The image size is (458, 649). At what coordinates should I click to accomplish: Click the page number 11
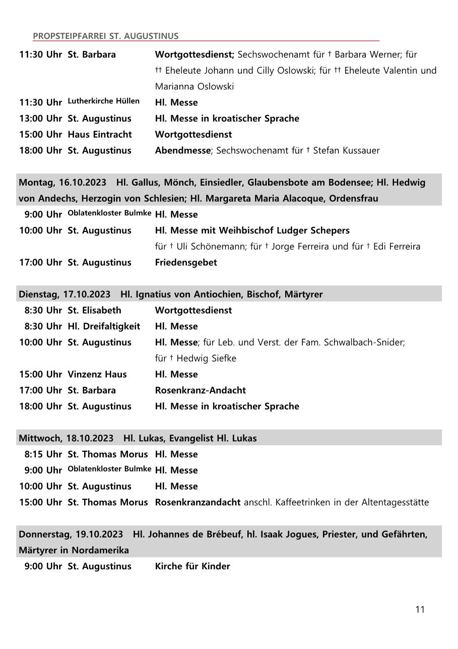pyautogui.click(x=420, y=609)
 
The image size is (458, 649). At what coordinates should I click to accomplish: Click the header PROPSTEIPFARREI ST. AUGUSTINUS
pyautogui.click(x=105, y=36)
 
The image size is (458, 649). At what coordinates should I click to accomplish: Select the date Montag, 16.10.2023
pyautogui.click(x=62, y=182)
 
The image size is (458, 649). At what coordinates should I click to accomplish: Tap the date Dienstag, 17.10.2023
pyautogui.click(x=64, y=294)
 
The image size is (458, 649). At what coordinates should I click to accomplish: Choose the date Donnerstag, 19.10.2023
pyautogui.click(x=71, y=534)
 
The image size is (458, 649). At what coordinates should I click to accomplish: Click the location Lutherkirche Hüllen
pyautogui.click(x=104, y=101)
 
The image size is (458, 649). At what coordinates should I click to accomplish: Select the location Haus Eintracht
pyautogui.click(x=100, y=134)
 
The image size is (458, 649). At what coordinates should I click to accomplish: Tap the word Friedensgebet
pyautogui.click(x=186, y=262)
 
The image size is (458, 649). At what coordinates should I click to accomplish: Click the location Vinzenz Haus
pyautogui.click(x=97, y=374)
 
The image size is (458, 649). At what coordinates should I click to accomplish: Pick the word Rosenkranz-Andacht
pyautogui.click(x=201, y=390)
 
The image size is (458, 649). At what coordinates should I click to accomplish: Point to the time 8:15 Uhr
pyautogui.click(x=43, y=454)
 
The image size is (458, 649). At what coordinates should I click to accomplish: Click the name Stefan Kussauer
pyautogui.click(x=346, y=150)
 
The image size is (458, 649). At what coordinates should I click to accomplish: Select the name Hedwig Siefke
pyautogui.click(x=206, y=359)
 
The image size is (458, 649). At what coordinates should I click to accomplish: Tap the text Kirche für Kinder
pyautogui.click(x=192, y=566)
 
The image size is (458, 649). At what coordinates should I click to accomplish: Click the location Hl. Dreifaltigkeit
pyautogui.click(x=104, y=326)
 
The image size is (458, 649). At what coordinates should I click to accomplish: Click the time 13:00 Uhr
pyautogui.click(x=41, y=119)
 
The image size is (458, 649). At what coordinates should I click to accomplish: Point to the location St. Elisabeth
pyautogui.click(x=94, y=310)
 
